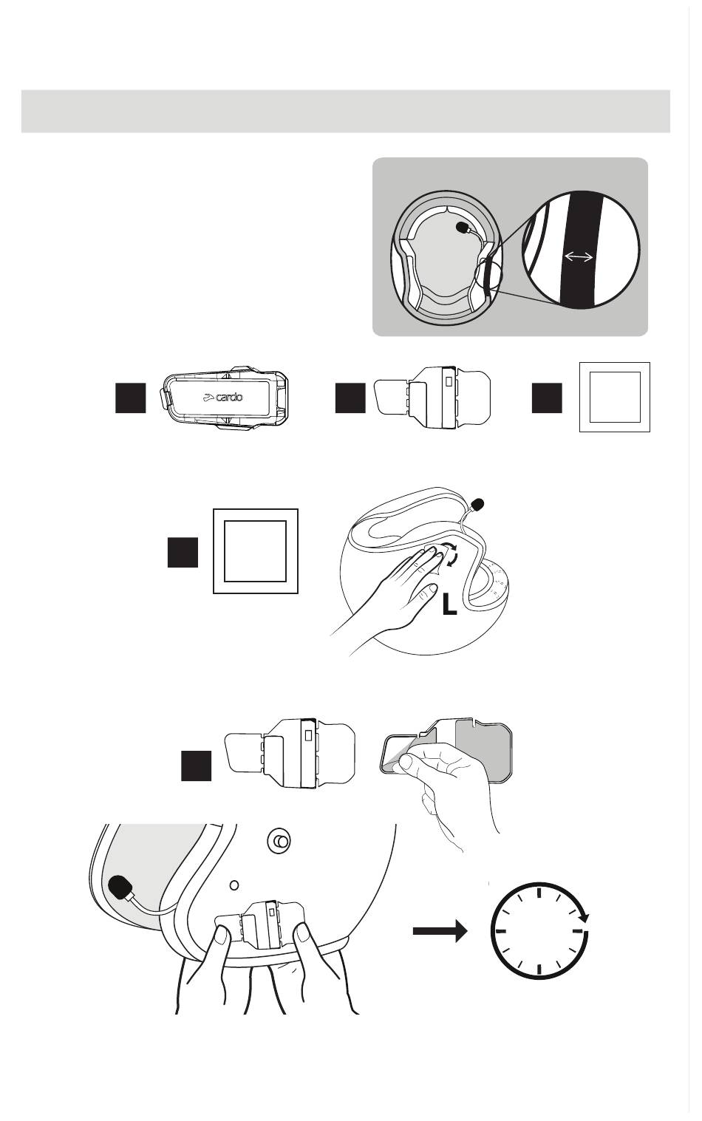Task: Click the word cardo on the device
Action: tap(228, 397)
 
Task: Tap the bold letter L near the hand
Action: tap(449, 607)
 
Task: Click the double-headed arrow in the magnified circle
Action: tap(579, 256)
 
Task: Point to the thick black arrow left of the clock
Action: tap(440, 931)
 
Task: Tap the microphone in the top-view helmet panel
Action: tap(464, 227)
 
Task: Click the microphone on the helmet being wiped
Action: tap(477, 505)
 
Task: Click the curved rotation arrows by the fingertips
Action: tap(448, 555)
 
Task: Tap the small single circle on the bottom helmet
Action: tap(234, 884)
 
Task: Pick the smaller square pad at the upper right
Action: tap(614, 397)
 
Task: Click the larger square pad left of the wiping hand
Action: tap(255, 551)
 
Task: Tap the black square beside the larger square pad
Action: tap(183, 552)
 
